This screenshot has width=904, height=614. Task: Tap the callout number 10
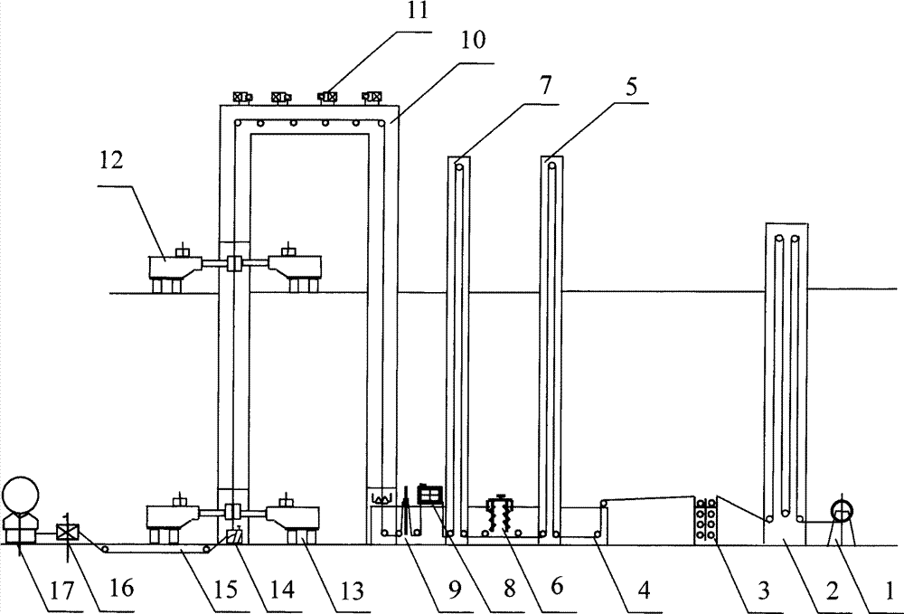(473, 41)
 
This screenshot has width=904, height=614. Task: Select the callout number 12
(111, 160)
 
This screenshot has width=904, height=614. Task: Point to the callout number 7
(545, 85)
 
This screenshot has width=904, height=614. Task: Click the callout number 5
(631, 87)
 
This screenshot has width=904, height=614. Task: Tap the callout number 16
(122, 589)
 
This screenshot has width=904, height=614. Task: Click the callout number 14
(282, 590)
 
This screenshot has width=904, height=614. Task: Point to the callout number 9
(455, 590)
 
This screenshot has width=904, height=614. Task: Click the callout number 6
(556, 587)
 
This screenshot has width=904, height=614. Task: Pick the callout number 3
(763, 590)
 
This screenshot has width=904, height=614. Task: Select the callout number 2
(832, 590)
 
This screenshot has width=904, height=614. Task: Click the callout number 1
(890, 590)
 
